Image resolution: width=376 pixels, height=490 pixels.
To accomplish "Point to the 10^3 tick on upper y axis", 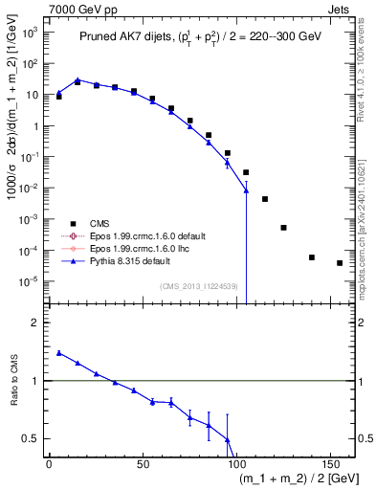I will click(31, 33).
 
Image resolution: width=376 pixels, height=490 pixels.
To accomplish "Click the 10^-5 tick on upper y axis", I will click(31, 281).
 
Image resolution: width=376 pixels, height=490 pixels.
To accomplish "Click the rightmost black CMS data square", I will click(340, 263).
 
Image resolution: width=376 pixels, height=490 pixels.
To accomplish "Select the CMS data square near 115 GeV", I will click(265, 199).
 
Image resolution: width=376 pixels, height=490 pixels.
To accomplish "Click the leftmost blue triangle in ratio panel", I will click(59, 353).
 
